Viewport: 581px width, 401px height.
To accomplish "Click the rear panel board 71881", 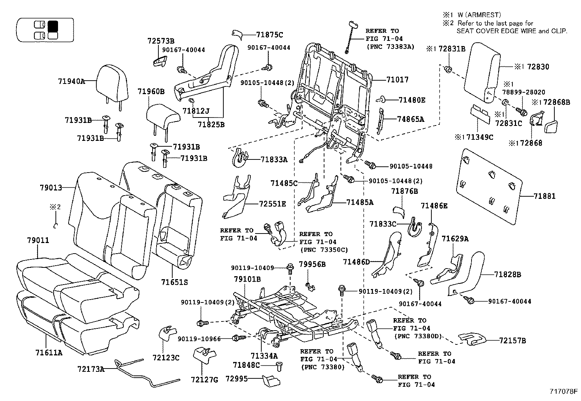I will pyautogui.click(x=489, y=186).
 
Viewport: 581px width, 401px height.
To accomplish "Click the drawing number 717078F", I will pyautogui.click(x=564, y=392).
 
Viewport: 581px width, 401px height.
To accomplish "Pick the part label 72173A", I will pyautogui.click(x=91, y=369).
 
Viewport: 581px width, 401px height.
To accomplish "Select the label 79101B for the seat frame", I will pyautogui.click(x=247, y=279).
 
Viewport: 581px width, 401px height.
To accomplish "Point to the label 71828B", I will pyautogui.click(x=508, y=274).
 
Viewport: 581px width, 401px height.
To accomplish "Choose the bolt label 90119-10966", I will pyautogui.click(x=199, y=339).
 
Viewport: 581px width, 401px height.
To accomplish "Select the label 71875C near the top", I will pyautogui.click(x=269, y=35).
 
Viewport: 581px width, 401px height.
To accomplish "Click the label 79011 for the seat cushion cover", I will pyautogui.click(x=38, y=240).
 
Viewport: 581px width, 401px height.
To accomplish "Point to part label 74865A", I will pyautogui.click(x=411, y=119).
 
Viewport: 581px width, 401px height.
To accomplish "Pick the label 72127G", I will pyautogui.click(x=204, y=380).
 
